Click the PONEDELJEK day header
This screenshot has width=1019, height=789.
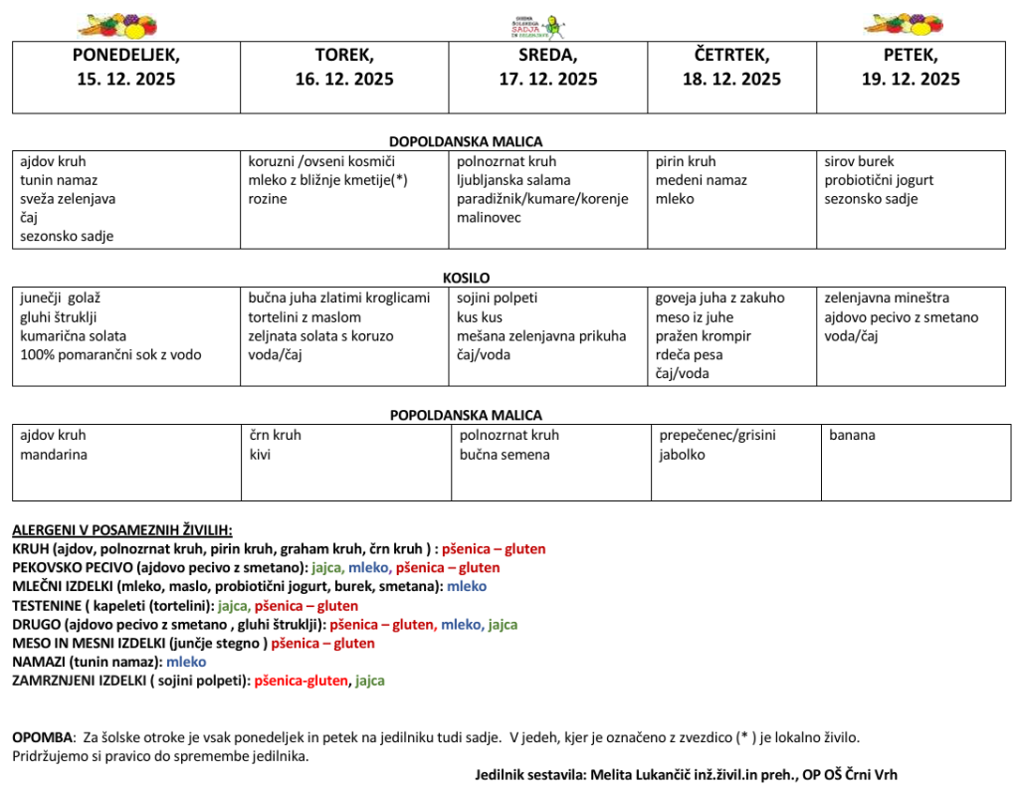[x=126, y=56]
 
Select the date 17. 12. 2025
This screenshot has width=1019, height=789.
[x=548, y=80]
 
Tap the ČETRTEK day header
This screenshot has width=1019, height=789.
[x=731, y=56]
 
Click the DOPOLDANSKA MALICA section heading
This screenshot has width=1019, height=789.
[x=466, y=142]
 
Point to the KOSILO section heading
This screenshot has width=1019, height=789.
[x=466, y=279]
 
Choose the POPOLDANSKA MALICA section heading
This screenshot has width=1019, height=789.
[x=466, y=415]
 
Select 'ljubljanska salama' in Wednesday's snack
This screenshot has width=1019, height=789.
[x=513, y=180]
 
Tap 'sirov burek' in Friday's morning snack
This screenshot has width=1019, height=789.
[x=859, y=161]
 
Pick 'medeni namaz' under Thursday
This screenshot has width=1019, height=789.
[x=701, y=180]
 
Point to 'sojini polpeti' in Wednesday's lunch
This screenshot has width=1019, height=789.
[x=497, y=297]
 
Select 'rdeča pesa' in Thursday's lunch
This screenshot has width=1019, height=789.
[x=689, y=354]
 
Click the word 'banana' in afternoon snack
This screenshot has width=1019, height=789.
[x=852, y=435]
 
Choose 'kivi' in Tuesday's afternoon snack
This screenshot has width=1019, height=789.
[x=260, y=455]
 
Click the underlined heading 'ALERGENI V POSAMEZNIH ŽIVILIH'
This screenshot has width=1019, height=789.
[x=121, y=530]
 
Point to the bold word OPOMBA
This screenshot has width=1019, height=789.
[x=43, y=737]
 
